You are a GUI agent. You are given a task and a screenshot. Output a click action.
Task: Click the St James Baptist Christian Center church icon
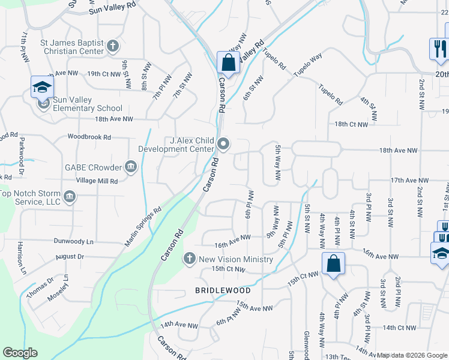click(x=112, y=46)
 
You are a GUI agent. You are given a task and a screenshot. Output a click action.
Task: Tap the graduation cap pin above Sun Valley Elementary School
click(x=42, y=88)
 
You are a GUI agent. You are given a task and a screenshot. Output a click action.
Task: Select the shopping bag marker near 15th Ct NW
click(x=333, y=263)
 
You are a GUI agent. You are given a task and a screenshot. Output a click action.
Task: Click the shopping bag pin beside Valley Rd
click(x=228, y=61)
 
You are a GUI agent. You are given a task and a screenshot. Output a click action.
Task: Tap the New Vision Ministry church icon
click(x=189, y=259)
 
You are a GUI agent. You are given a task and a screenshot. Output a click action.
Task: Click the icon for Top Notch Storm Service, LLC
click(x=70, y=197)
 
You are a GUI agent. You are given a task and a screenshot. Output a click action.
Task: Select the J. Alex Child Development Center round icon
click(x=223, y=143)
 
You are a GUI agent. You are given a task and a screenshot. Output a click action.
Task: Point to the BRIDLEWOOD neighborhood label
click(x=221, y=290)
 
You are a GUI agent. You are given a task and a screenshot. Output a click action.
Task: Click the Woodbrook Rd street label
click(x=89, y=137)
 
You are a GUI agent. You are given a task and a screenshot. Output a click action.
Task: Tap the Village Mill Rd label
click(x=97, y=180)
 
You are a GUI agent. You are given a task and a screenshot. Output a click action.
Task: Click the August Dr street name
click(x=70, y=256)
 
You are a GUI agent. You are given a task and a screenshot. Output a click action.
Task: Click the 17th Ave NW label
click(x=409, y=180)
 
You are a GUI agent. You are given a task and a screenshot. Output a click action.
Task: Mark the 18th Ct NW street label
click(x=351, y=124)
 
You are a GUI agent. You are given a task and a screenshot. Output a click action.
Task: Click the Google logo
click(x=20, y=353)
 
